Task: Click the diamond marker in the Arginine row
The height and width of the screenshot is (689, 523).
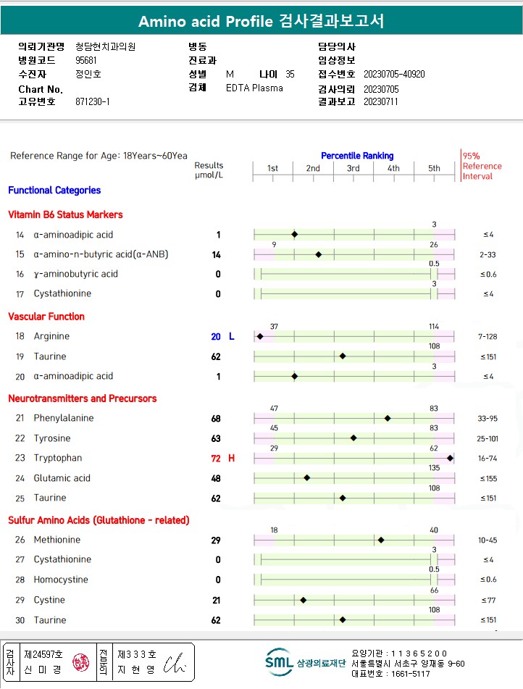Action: (259, 336)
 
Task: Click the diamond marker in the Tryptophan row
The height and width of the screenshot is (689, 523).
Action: (450, 458)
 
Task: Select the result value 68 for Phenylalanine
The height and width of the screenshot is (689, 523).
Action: (216, 419)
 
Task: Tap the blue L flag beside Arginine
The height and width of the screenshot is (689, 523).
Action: (232, 336)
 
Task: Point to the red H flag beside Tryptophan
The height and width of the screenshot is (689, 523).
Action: (232, 458)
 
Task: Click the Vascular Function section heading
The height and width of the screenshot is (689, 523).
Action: (46, 317)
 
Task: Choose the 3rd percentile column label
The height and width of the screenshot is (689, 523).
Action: (353, 169)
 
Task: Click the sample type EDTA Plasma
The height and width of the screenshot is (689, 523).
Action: (254, 88)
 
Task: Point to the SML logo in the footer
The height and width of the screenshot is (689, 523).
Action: (278, 660)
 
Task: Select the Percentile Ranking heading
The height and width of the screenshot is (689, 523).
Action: (357, 156)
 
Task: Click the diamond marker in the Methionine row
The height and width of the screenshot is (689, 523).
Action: (381, 540)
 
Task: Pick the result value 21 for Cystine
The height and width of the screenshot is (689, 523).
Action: (216, 601)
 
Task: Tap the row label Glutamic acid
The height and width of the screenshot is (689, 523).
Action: (62, 478)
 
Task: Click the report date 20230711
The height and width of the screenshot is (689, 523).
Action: (381, 102)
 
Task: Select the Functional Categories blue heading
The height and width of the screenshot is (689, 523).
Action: (54, 191)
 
